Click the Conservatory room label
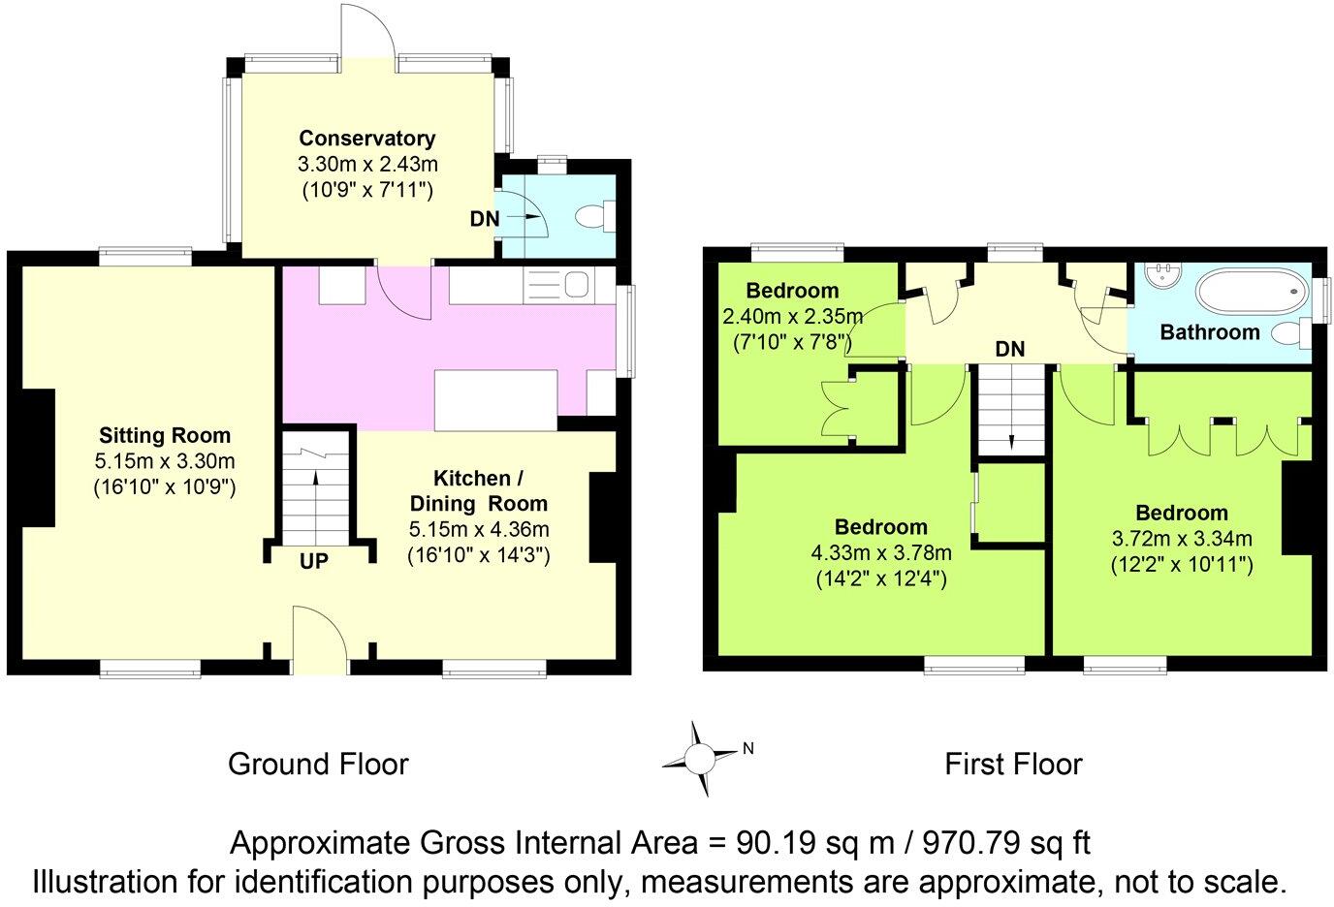pyautogui.click(x=367, y=138)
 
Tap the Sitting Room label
pyautogui.click(x=165, y=435)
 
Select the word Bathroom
pyautogui.click(x=1210, y=332)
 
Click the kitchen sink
pyautogui.click(x=576, y=284)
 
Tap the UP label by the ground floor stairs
pyautogui.click(x=314, y=561)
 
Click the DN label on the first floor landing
pyautogui.click(x=1010, y=349)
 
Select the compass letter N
pyautogui.click(x=748, y=749)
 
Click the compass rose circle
pyautogui.click(x=699, y=759)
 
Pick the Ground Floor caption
pyautogui.click(x=318, y=765)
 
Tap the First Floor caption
pyautogui.click(x=1013, y=765)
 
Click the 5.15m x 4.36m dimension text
pyautogui.click(x=479, y=529)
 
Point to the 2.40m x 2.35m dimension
pyautogui.click(x=793, y=316)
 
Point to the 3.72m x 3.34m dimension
pyautogui.click(x=1182, y=539)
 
